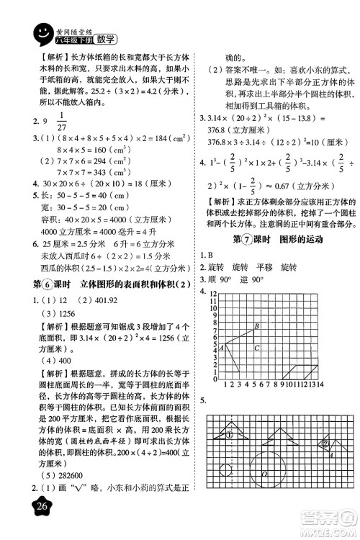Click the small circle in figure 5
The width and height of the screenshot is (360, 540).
226,473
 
